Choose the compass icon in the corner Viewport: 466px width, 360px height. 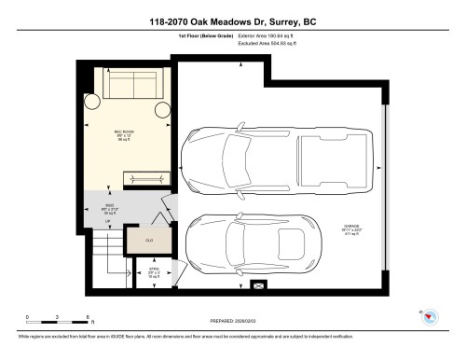click(x=432, y=316)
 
